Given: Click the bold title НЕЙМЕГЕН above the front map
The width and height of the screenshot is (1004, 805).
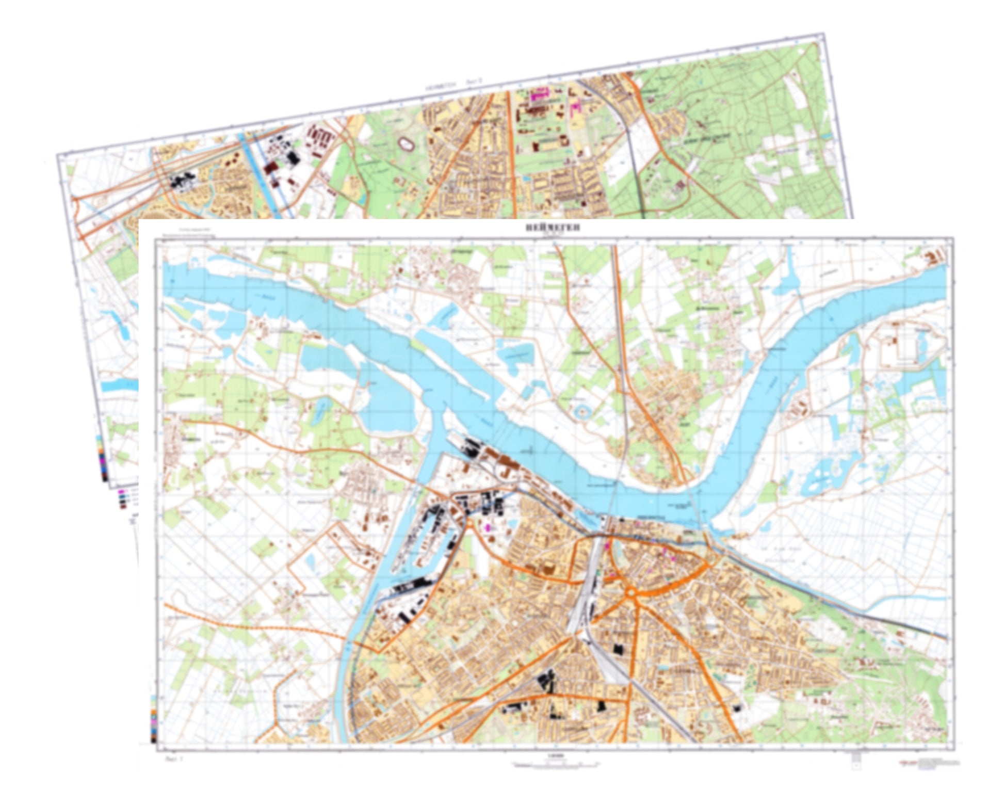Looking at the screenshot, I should click(552, 228).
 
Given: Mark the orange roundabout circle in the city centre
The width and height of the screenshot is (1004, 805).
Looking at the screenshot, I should click(631, 593).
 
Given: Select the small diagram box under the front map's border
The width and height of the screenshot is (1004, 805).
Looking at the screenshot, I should click(855, 759).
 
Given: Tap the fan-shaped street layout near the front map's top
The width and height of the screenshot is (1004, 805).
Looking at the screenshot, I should click(457, 279).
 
